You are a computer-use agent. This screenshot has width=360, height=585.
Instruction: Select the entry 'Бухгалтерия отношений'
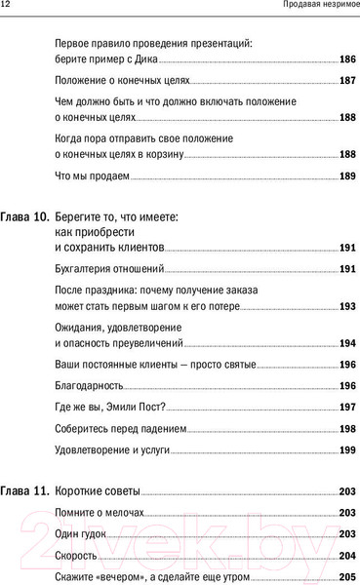[108, 268]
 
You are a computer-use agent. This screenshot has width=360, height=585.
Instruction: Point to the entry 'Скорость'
[76, 556]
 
